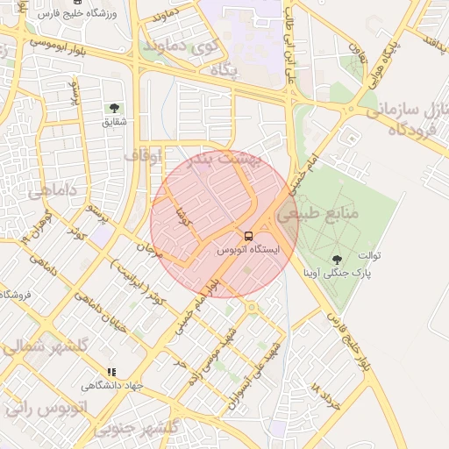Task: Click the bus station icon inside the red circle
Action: point(248,236)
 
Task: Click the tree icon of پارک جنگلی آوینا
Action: point(338,259)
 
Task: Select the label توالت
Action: point(371,256)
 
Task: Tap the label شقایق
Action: point(114,121)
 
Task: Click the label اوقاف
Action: point(143,155)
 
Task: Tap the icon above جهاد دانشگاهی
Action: point(111,372)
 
